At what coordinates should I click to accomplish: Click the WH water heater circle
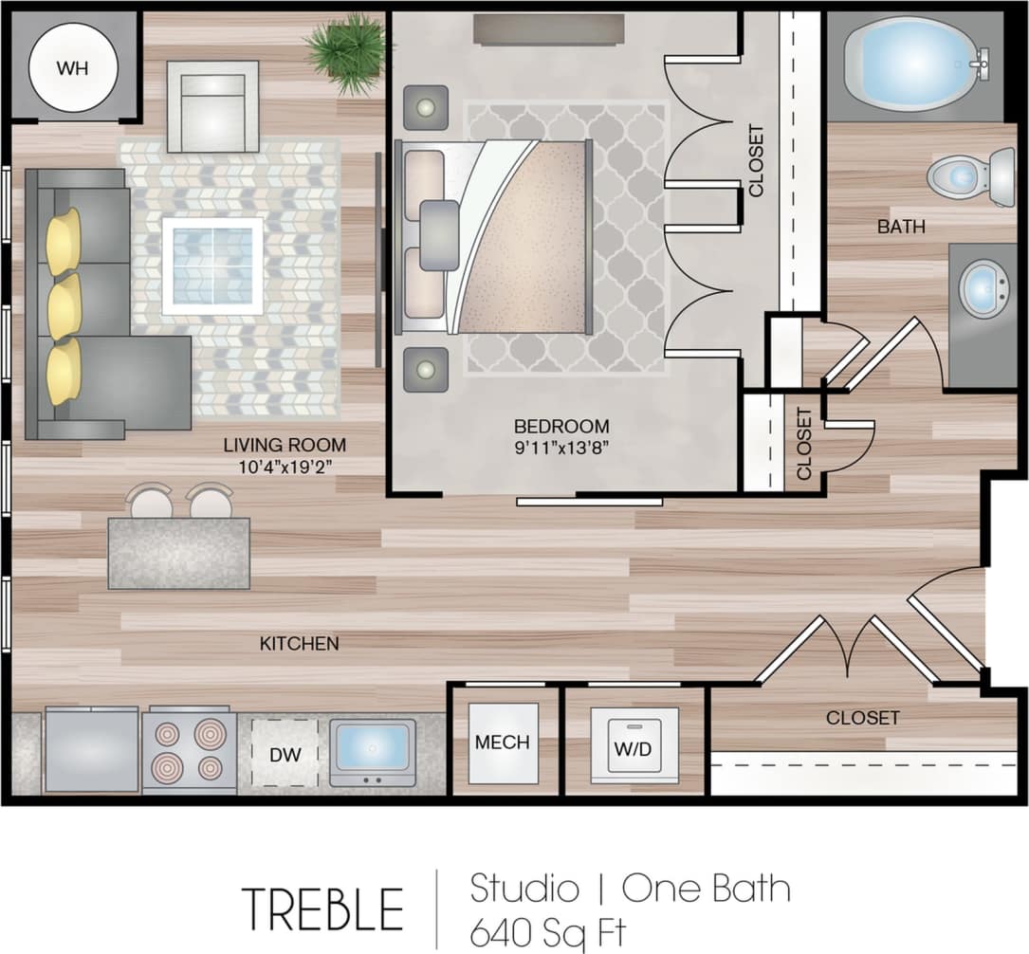pos(73,67)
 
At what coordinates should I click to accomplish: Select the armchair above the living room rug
pos(212,106)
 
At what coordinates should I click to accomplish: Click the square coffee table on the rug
pos(212,266)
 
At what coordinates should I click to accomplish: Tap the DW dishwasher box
pos(285,753)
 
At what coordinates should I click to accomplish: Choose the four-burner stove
pos(190,750)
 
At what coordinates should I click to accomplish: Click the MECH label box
pos(503,743)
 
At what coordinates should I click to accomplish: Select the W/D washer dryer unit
pos(633,746)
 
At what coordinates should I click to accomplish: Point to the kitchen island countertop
pos(178,553)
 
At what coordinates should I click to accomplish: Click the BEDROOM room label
pos(561,426)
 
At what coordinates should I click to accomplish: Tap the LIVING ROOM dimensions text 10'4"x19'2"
pos(285,466)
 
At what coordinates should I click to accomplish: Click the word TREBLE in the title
pos(322,908)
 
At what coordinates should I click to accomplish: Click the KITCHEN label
pos(299,644)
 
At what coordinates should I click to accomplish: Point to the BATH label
pos(900,227)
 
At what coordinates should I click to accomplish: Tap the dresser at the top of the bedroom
pos(549,29)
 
